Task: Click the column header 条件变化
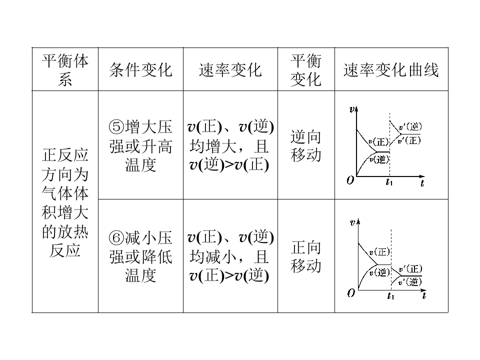coord(141,70)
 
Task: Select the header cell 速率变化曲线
coord(391,70)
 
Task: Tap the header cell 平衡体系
coord(65,70)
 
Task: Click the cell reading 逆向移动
coord(306,145)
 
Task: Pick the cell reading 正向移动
coord(306,256)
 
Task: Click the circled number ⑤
coord(116,126)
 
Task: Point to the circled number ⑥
coord(116,238)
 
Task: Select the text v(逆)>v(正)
coord(229,165)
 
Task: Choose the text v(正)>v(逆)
coord(229,276)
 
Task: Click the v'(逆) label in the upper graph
coord(410,126)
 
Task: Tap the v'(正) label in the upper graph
coord(409,140)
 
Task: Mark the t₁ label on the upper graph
coord(389,182)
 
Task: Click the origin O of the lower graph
coord(351,293)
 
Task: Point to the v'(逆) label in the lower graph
coord(410,282)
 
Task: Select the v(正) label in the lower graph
coord(379,252)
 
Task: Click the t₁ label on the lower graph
coord(390,296)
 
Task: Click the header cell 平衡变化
coord(306,70)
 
